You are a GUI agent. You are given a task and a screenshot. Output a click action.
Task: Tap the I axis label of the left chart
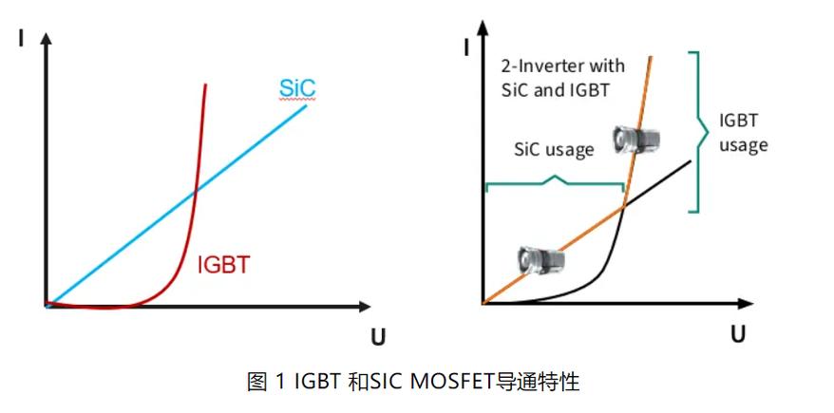point(21,41)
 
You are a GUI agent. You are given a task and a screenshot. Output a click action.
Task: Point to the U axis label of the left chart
point(376,337)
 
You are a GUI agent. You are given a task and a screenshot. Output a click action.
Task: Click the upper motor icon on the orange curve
point(635,141)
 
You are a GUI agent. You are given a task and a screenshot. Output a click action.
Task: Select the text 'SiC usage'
point(554,149)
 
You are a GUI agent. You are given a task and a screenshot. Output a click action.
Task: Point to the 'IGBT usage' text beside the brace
point(743,133)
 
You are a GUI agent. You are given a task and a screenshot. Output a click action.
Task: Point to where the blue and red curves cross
point(194,192)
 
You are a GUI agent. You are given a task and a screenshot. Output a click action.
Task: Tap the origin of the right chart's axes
point(483,304)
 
